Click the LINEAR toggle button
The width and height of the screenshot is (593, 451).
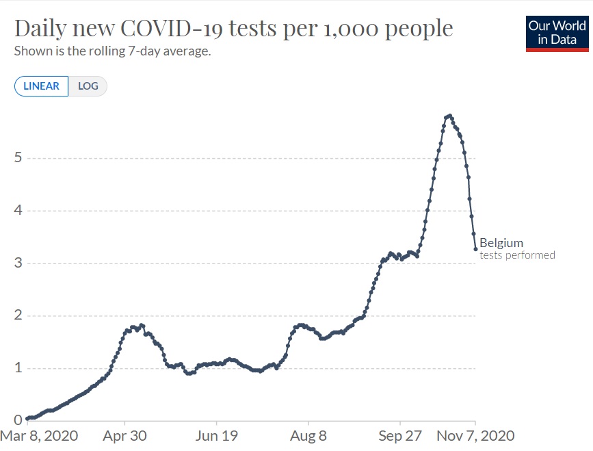tap(41, 86)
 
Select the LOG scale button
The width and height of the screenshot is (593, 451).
tap(88, 86)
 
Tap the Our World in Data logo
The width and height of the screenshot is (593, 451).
tap(557, 33)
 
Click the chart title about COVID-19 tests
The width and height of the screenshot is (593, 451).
tap(233, 29)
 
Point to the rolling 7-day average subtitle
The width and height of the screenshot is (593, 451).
tap(112, 51)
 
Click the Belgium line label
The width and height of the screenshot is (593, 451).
tap(501, 242)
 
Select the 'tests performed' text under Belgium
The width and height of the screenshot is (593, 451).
tap(517, 255)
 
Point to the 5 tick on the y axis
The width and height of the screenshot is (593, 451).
tap(18, 158)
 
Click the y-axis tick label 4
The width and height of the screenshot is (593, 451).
tap(18, 211)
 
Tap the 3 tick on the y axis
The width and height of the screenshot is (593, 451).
tap(18, 263)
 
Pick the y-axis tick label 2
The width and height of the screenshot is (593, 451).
tap(18, 316)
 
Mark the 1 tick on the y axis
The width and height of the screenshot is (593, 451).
tap(18, 368)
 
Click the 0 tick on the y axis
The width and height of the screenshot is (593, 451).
tap(18, 420)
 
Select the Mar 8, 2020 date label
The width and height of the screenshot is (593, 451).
tap(39, 435)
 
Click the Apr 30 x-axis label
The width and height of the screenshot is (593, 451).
tap(124, 435)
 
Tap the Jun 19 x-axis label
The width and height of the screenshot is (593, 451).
tap(216, 435)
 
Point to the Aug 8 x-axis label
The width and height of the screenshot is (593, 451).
tap(308, 435)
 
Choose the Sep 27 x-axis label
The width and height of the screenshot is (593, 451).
tap(399, 435)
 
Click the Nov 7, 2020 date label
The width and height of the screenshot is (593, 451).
tap(476, 435)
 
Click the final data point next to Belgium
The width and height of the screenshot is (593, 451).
tap(475, 249)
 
